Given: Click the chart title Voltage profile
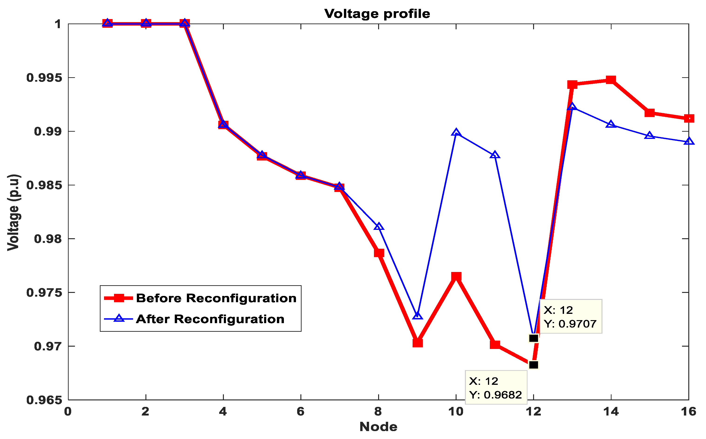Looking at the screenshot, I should point(377,14).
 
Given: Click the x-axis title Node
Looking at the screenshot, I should point(378,426).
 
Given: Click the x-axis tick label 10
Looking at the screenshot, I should point(456,411).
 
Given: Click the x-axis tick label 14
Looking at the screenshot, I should point(611,411).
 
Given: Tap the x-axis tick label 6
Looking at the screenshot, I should point(301,411).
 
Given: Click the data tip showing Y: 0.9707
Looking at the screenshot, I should point(570,316).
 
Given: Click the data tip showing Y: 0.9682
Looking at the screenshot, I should point(495,387).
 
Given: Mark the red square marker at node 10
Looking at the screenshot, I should point(456,276).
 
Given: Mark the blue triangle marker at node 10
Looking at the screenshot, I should point(456,133).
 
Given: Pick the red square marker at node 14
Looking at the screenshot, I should point(611,80).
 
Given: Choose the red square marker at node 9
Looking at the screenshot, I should point(417,343).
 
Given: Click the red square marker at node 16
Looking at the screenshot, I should point(688,118).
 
